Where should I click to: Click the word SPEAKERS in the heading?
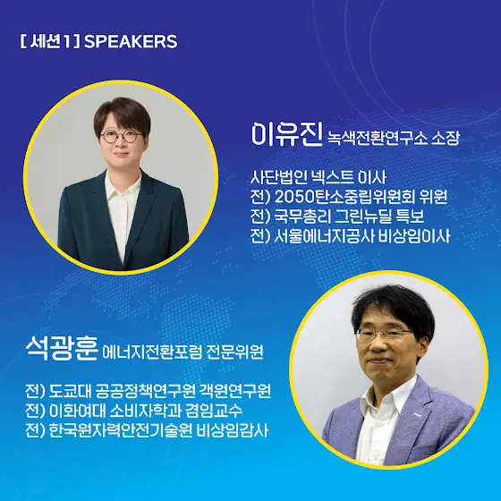[x=131, y=41]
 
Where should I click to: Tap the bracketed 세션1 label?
[x=49, y=41]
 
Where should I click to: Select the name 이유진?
[x=286, y=134]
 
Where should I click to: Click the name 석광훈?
[x=61, y=349]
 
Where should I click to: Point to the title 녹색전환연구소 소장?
[x=394, y=138]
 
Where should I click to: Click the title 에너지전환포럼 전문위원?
[x=183, y=352]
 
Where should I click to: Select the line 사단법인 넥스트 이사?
[x=318, y=178]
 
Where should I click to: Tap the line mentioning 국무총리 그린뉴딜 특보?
[x=337, y=217]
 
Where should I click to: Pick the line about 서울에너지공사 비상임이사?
[x=351, y=236]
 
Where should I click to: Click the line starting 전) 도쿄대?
[x=149, y=391]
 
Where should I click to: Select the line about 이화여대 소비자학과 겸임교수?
[x=134, y=411]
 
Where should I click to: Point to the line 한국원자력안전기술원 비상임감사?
[x=147, y=430]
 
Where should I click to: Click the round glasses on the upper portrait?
[x=122, y=136]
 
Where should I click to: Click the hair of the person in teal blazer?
[x=122, y=115]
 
